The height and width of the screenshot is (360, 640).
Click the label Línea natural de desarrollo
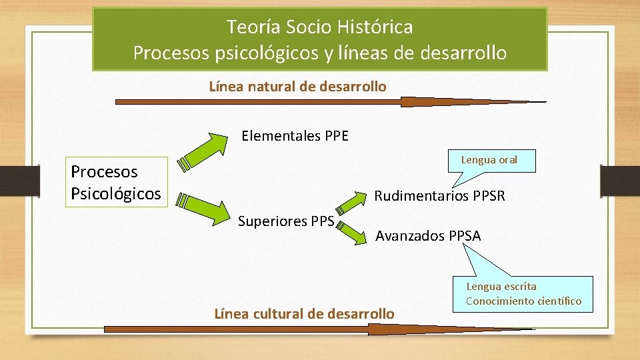coord(297,87)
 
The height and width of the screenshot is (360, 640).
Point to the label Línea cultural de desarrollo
coord(304,313)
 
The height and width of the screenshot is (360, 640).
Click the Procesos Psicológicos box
coord(116,182)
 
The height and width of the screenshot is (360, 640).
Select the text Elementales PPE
coord(295,137)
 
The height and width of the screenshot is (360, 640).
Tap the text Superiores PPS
coord(286,221)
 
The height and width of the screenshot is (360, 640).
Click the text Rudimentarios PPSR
coord(439,196)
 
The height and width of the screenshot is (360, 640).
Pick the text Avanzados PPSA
coord(428,236)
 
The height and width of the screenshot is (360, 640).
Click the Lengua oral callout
coord(489,160)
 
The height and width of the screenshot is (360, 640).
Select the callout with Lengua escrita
coord(523,293)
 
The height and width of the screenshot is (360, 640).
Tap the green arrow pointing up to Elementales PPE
coord(205,151)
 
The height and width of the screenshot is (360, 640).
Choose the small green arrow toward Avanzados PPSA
coord(351,229)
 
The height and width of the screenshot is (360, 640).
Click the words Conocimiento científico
coord(523,301)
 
